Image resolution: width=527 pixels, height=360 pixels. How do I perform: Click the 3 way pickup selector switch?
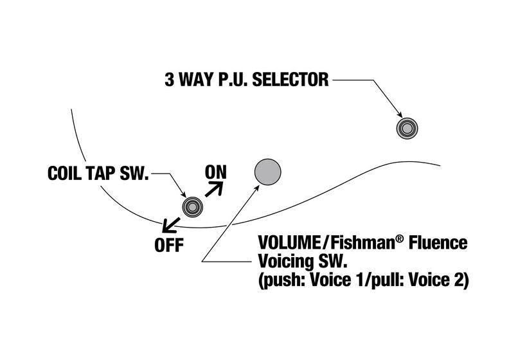407,129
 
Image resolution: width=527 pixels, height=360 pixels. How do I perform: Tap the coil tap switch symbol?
192,207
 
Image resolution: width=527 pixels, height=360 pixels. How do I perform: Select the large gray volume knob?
267,172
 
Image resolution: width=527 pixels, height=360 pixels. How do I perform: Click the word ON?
216,172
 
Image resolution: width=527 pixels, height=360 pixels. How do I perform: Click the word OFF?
169,245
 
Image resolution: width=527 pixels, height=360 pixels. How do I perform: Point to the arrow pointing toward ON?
214,189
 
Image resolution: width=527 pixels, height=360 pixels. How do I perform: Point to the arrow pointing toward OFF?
171,225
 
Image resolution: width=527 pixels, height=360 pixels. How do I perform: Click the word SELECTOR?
290,80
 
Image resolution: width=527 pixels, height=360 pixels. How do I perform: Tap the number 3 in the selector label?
170,80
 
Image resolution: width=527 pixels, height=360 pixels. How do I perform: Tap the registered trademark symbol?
399,239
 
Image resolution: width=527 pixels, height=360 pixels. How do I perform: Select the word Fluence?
438,242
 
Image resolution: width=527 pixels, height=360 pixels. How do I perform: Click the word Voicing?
285,262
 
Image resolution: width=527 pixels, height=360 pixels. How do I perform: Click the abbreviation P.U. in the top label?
232,80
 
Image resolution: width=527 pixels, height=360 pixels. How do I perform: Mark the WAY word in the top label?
196,80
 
